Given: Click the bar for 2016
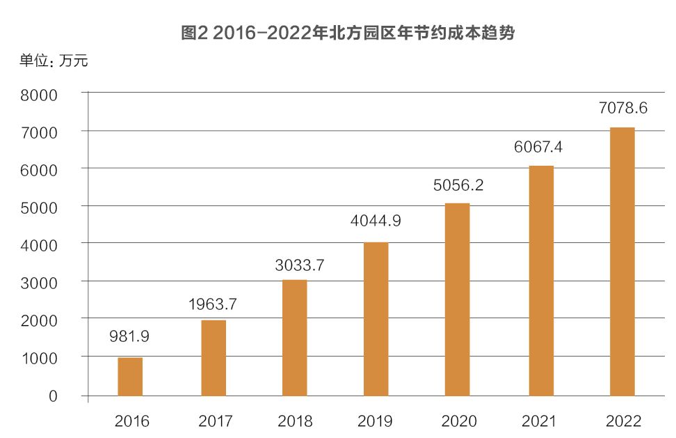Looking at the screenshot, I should (130, 377).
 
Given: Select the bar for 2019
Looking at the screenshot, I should (376, 319).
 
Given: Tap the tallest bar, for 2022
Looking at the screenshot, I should (622, 261).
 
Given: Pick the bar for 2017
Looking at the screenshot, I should (213, 358).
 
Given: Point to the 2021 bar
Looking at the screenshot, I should (541, 281).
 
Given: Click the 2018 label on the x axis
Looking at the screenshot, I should (295, 421).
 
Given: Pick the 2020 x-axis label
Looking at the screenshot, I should (458, 421).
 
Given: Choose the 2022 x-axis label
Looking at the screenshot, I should (623, 421).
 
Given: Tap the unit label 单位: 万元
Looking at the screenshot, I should (54, 61).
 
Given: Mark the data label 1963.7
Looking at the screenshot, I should (213, 304).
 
